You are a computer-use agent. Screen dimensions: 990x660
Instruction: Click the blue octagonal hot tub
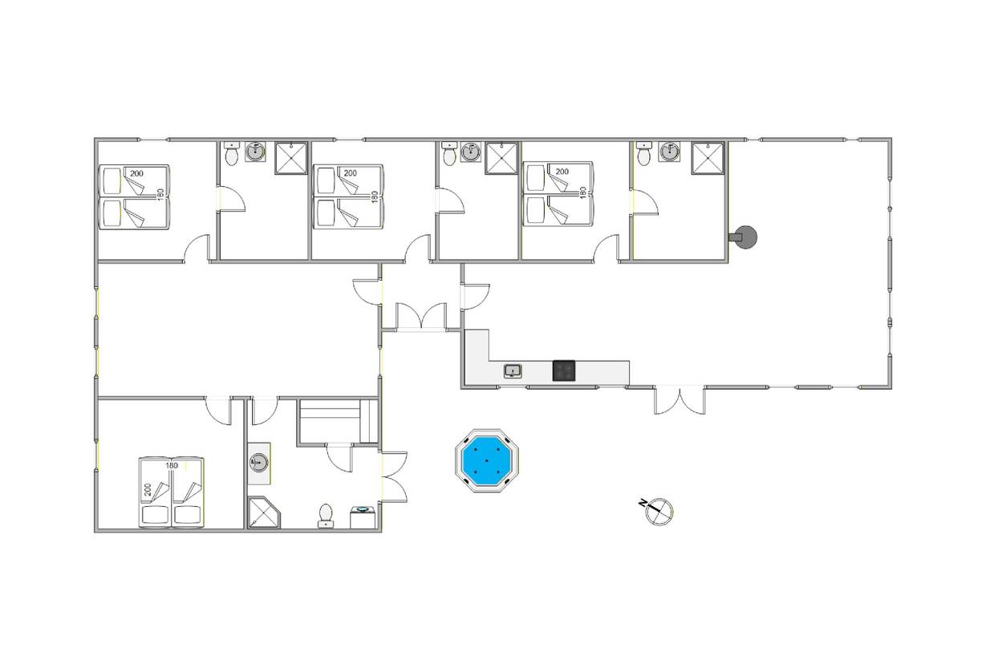[487, 461]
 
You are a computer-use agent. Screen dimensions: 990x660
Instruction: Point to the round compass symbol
[659, 512]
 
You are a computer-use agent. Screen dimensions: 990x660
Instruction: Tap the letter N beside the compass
[642, 503]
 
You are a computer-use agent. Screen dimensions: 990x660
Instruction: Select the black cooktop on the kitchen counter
[564, 370]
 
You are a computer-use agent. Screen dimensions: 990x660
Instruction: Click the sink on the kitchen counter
[513, 371]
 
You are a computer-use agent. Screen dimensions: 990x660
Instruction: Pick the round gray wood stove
[745, 237]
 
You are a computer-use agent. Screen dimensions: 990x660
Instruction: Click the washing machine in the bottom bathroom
[363, 517]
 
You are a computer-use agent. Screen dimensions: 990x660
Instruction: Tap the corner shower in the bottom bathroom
[264, 512]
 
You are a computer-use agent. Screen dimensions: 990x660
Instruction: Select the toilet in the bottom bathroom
[326, 516]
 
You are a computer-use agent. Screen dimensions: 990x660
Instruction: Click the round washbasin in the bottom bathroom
[258, 463]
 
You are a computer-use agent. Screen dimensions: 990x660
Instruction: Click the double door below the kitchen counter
[680, 400]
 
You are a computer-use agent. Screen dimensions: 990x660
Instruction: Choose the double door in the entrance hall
[421, 316]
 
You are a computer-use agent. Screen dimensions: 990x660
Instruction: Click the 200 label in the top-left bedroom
[136, 173]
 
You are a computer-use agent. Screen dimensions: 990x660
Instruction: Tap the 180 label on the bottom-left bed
[172, 466]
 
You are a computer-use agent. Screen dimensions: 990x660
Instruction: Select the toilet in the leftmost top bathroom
[231, 153]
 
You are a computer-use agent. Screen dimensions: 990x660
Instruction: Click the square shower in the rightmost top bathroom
[708, 158]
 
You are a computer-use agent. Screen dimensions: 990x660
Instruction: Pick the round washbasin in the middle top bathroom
[471, 152]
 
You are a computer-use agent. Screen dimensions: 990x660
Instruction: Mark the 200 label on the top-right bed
[562, 172]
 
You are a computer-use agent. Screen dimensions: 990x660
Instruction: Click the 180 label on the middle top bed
[375, 196]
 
